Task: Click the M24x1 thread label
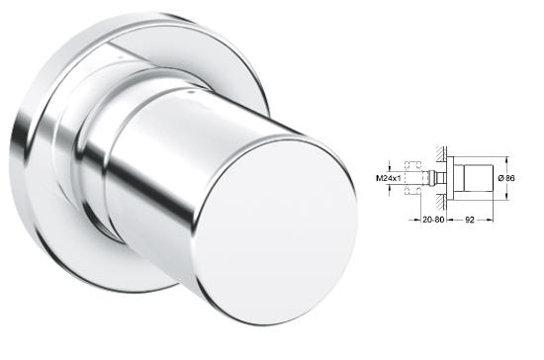(x=389, y=178)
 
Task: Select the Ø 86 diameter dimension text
(x=506, y=178)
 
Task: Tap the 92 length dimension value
(x=470, y=220)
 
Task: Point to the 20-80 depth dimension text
(x=433, y=220)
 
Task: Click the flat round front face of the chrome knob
(x=278, y=233)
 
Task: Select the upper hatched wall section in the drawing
(x=441, y=153)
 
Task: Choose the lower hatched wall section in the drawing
(x=441, y=202)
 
